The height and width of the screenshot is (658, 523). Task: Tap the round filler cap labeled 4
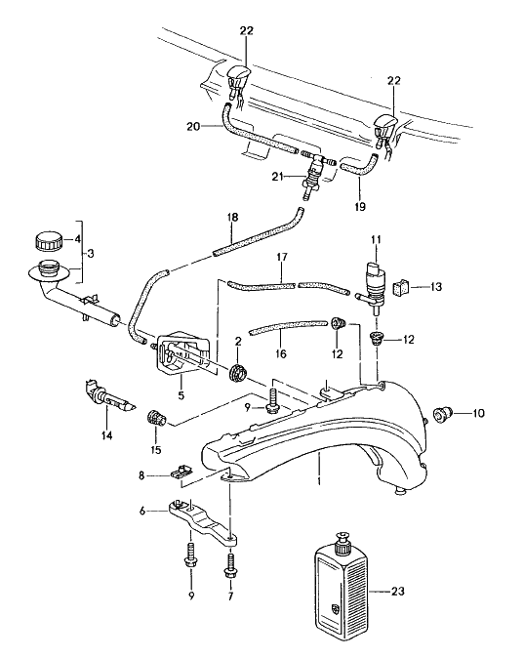point(48,241)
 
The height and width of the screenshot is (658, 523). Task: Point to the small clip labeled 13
point(401,287)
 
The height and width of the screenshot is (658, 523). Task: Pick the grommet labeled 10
point(441,413)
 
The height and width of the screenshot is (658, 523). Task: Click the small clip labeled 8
point(181,472)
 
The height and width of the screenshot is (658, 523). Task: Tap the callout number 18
point(232,217)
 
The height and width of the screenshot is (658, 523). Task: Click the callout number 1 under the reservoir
point(319,480)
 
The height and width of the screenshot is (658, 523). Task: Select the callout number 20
point(193,126)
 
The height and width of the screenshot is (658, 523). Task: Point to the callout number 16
point(281,353)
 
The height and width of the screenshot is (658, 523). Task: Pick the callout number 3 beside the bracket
point(91,253)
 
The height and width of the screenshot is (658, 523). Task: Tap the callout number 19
point(360,206)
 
